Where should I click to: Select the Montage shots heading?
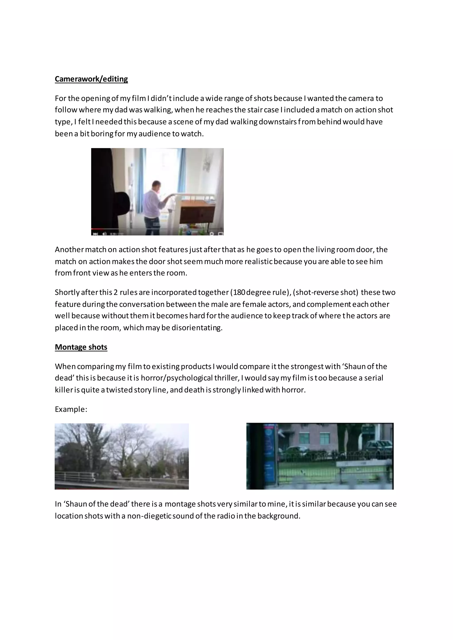(81, 347)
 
